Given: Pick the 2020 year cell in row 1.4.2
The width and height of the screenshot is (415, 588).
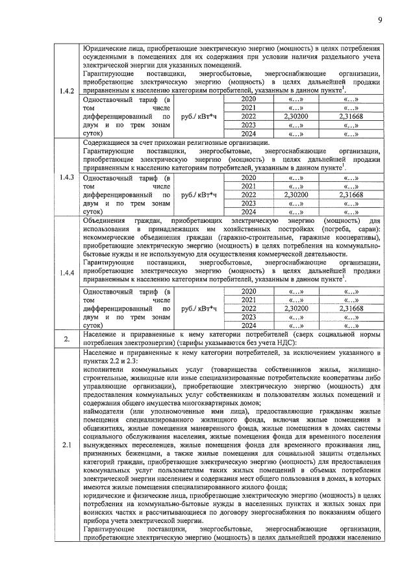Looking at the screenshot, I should point(249,99).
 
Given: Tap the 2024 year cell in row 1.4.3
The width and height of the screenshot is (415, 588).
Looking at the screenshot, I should point(249,211).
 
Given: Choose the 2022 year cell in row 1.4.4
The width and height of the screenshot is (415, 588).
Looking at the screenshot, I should point(249,309).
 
